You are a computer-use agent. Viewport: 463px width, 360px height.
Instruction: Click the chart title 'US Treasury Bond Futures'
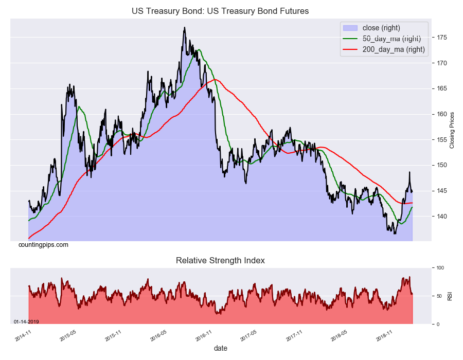220,11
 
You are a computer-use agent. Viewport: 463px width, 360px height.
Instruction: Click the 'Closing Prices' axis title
452,130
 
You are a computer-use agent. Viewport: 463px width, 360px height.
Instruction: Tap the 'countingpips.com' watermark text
43,245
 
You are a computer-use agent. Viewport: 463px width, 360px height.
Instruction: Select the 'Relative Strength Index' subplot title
220,261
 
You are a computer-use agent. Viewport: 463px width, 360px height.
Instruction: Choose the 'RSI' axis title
450,296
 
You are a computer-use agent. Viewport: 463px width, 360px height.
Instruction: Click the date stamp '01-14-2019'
26,322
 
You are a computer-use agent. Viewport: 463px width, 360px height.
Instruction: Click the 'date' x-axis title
220,349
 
